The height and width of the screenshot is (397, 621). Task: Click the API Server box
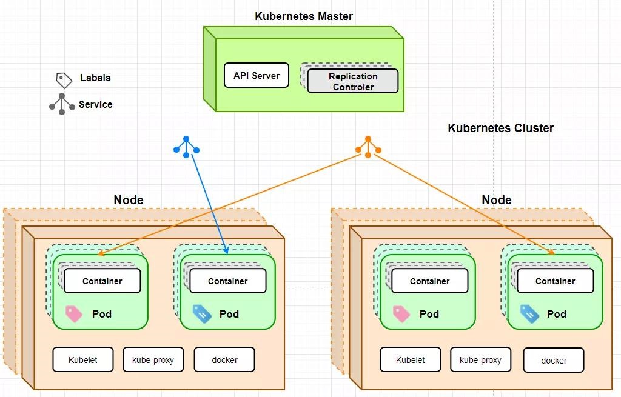pyautogui.click(x=257, y=75)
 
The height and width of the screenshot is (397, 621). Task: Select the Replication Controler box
pyautogui.click(x=353, y=81)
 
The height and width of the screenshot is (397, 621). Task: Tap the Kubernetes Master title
pyautogui.click(x=304, y=16)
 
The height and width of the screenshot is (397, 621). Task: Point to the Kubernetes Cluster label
pyautogui.click(x=500, y=128)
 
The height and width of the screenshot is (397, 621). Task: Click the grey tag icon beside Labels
pyautogui.click(x=64, y=80)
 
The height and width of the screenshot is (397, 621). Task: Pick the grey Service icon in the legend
pyautogui.click(x=62, y=104)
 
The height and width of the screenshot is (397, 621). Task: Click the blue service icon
pyautogui.click(x=186, y=147)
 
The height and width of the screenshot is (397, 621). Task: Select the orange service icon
pyautogui.click(x=368, y=147)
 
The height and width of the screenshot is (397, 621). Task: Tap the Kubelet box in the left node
pyautogui.click(x=82, y=360)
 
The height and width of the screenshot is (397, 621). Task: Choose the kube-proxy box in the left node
pyautogui.click(x=153, y=360)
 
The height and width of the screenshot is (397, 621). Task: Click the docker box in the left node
pyautogui.click(x=224, y=360)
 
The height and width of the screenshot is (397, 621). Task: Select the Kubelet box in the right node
pyautogui.click(x=411, y=360)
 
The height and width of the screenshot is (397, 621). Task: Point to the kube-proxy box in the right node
pyautogui.click(x=480, y=360)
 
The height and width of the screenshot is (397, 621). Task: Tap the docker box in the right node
pyautogui.click(x=554, y=360)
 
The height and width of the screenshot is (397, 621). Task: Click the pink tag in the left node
pyautogui.click(x=73, y=315)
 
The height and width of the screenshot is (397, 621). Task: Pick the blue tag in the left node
pyautogui.click(x=202, y=314)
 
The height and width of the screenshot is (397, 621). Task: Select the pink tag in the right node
pyautogui.click(x=401, y=315)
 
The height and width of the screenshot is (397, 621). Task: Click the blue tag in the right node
pyautogui.click(x=529, y=314)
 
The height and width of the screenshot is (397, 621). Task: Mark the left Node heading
pyautogui.click(x=129, y=200)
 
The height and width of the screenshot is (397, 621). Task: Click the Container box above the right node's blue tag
pyautogui.click(x=556, y=281)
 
